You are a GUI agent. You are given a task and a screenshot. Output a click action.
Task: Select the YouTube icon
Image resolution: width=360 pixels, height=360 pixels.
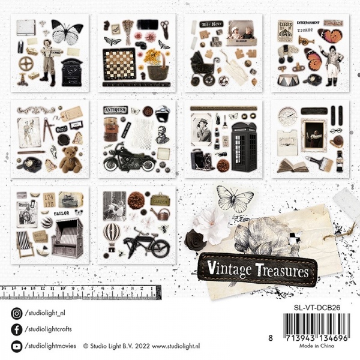[16, 346]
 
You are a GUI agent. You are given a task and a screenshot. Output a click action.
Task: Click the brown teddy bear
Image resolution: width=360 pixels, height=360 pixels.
[70, 158]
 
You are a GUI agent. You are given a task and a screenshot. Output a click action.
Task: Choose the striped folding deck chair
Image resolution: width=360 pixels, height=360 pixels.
[25, 244]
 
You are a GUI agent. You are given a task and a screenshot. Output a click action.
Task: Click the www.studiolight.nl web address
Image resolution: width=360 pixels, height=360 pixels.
[184, 346]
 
